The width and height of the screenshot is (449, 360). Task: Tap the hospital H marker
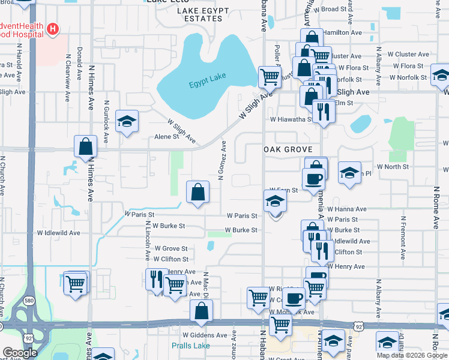(53, 28)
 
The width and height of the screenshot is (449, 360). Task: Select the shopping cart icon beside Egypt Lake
(270, 76)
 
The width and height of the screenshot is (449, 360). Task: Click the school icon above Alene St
(127, 122)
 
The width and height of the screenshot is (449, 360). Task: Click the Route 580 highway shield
(28, 299)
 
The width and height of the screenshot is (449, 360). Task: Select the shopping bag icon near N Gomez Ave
(197, 192)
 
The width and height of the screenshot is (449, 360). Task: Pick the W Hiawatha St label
(291, 119)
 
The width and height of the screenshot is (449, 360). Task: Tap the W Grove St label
(171, 248)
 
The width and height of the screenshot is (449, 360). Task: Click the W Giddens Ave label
(205, 335)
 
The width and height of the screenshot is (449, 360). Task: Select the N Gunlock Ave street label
(106, 121)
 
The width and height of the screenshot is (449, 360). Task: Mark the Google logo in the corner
(19, 352)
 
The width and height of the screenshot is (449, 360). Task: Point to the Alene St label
(167, 136)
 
